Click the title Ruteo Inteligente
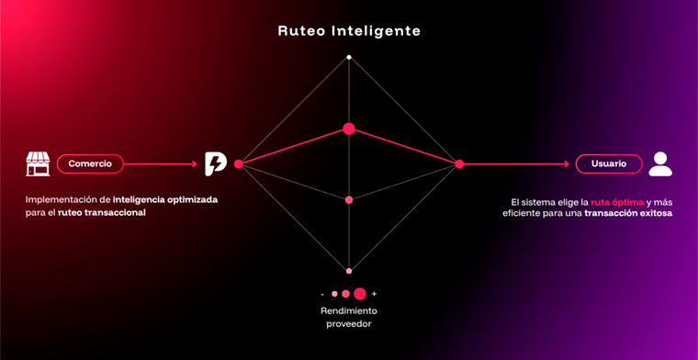pyautogui.click(x=349, y=30)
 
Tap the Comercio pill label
pyautogui.click(x=90, y=163)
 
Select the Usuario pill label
pyautogui.click(x=608, y=163)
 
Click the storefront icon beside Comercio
pyautogui.click(x=38, y=163)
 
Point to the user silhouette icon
pyautogui.click(x=659, y=163)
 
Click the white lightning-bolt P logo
pyautogui.click(x=215, y=163)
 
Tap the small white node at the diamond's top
pyautogui.click(x=349, y=58)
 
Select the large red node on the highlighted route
pyautogui.click(x=349, y=129)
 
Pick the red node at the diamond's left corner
pyautogui.click(x=239, y=163)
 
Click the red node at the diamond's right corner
pyautogui.click(x=459, y=163)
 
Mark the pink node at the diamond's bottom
pyautogui.click(x=349, y=271)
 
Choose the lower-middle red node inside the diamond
pyautogui.click(x=349, y=199)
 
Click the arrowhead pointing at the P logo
pyautogui.click(x=196, y=163)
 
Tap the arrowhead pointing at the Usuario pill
pyautogui.click(x=567, y=163)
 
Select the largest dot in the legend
pyautogui.click(x=360, y=294)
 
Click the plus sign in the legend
pyautogui.click(x=374, y=294)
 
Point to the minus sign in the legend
pyautogui.click(x=322, y=294)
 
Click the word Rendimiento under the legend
pyautogui.click(x=349, y=310)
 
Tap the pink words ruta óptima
pyautogui.click(x=617, y=201)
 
